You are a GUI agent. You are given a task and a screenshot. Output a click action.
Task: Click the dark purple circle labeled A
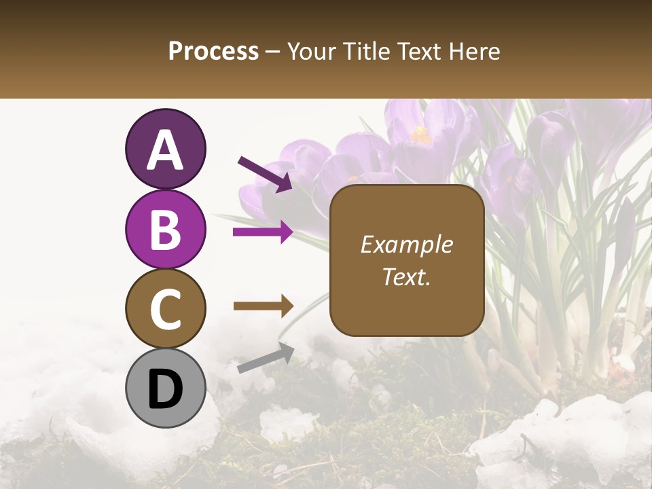coord(165,149)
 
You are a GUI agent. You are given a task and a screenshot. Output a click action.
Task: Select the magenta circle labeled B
coord(165,230)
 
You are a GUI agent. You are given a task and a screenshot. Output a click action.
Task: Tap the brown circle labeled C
coord(165,308)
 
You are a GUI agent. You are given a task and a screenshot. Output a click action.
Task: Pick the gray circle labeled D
coord(165,388)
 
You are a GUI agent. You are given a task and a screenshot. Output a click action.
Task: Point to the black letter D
coord(165,390)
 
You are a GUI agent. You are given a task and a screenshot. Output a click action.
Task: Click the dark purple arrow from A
coord(265,173)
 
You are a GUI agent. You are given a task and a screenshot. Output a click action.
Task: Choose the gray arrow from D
coord(265,359)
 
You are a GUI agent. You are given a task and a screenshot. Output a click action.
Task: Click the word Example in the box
coord(406,244)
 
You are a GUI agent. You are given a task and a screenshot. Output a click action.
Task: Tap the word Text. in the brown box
coord(406,277)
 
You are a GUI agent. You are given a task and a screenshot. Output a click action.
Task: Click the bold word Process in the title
coord(213,51)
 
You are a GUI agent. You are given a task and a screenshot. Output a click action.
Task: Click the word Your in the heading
coord(311,51)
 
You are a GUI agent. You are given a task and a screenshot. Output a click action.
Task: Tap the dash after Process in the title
coord(273,52)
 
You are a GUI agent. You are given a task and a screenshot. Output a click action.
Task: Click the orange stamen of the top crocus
coord(421,135)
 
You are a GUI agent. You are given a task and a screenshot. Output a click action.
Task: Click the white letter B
coord(165,230)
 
